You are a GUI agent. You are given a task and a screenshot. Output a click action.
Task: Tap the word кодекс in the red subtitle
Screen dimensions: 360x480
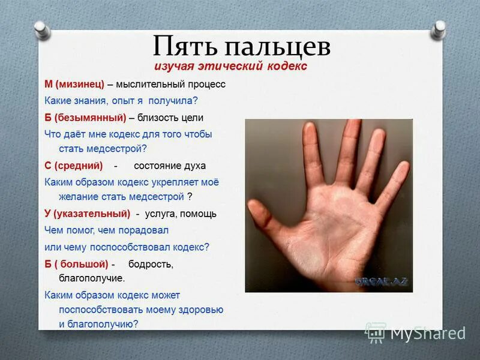click(x=284, y=66)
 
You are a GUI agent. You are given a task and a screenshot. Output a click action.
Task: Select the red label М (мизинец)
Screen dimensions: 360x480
click(x=74, y=84)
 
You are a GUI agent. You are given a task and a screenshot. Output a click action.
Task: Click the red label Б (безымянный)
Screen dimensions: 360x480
click(x=85, y=117)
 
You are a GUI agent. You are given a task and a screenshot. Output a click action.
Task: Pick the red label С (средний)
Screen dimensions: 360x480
click(x=74, y=165)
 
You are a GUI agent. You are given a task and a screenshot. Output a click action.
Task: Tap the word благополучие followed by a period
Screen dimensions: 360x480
click(x=92, y=278)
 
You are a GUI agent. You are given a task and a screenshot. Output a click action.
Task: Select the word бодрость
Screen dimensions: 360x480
click(x=151, y=264)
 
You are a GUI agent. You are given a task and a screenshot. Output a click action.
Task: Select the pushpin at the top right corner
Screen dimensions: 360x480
click(x=440, y=28)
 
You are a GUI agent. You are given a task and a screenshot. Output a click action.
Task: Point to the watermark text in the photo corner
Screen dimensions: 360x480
click(x=382, y=281)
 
